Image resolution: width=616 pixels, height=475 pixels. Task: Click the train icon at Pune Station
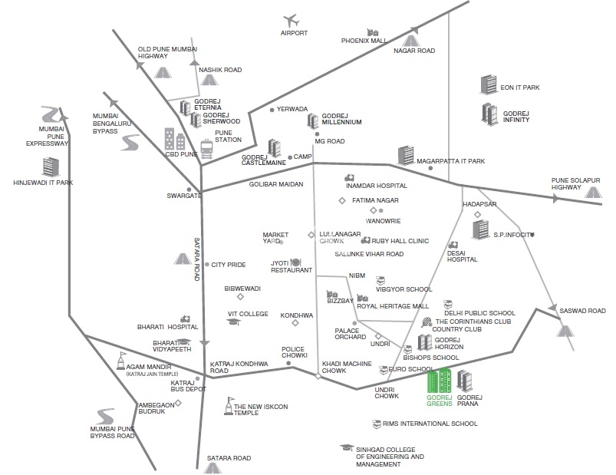pos(206,147)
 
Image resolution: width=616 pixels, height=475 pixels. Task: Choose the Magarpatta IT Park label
pos(451,161)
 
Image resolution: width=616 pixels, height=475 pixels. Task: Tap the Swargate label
pos(184,196)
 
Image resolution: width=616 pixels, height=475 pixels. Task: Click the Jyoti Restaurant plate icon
pos(295,263)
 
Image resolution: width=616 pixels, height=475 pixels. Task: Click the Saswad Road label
pos(584,311)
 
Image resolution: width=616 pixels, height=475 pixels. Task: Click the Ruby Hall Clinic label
pos(402,240)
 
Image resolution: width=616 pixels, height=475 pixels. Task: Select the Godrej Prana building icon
pos(465,380)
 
